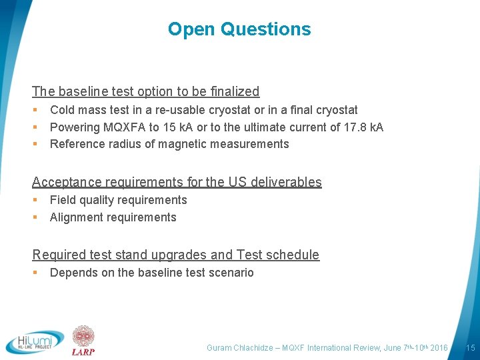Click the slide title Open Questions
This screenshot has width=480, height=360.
pos(239,29)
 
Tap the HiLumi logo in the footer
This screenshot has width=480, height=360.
pos(35,342)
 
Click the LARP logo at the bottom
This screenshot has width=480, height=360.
pos(83,341)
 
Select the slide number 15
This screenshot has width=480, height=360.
pos(470,347)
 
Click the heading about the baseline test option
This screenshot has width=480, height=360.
pos(145,91)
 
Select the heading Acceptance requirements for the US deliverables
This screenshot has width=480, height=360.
pos(177,182)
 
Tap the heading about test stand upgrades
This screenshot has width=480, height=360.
pos(175,255)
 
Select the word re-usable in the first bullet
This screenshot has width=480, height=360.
pos(181,110)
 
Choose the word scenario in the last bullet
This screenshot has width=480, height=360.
pos(231,273)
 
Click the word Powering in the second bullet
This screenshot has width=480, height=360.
pos(75,127)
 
